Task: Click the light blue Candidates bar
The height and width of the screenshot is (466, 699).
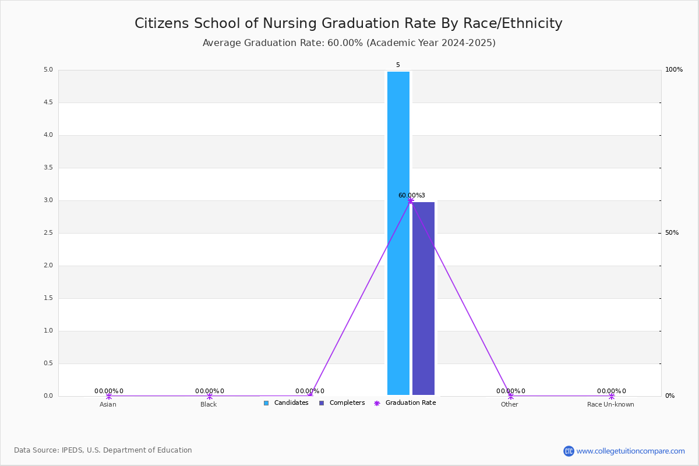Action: click(398, 233)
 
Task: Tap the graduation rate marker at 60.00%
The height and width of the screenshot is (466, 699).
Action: click(410, 200)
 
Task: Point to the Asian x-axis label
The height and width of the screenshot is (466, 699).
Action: click(108, 404)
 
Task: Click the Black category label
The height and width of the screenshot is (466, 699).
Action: click(209, 404)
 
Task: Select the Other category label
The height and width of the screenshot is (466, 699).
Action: click(509, 404)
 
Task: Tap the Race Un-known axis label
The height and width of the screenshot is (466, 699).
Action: click(610, 404)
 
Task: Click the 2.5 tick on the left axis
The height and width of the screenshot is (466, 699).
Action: click(48, 233)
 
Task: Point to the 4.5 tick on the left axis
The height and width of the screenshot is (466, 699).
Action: click(48, 103)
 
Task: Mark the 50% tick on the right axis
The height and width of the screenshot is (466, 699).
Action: click(672, 233)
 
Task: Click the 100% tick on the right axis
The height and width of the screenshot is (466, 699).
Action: click(673, 70)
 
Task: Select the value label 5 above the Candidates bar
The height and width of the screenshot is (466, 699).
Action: click(398, 65)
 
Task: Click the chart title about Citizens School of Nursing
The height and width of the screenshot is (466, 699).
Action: click(348, 23)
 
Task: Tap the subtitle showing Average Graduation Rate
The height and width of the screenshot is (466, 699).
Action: click(349, 43)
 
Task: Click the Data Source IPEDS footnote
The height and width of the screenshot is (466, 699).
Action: click(103, 450)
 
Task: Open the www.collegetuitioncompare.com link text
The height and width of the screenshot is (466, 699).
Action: click(630, 451)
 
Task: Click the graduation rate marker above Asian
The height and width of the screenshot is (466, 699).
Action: click(108, 396)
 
